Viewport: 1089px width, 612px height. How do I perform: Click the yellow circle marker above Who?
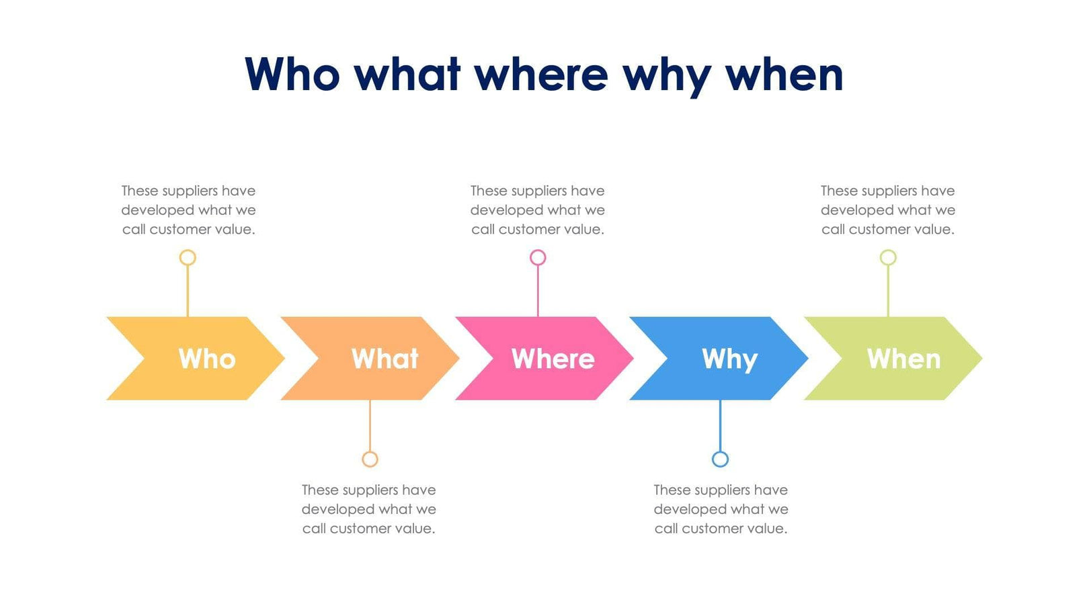[x=188, y=257]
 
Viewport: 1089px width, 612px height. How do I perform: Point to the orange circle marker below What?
[x=370, y=459]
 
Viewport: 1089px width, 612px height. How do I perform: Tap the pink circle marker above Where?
[x=538, y=257]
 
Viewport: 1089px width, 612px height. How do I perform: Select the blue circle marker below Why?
[x=720, y=459]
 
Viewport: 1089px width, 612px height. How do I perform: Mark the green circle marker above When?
[x=888, y=257]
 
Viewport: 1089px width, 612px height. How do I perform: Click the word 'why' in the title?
[x=666, y=75]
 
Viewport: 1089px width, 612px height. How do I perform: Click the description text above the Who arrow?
[x=188, y=210]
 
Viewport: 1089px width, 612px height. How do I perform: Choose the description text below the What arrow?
[x=369, y=509]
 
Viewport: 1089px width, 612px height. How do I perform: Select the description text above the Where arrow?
[x=538, y=210]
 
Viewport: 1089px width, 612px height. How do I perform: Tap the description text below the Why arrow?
[x=721, y=509]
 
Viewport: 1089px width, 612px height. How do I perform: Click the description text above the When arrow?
[x=888, y=210]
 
